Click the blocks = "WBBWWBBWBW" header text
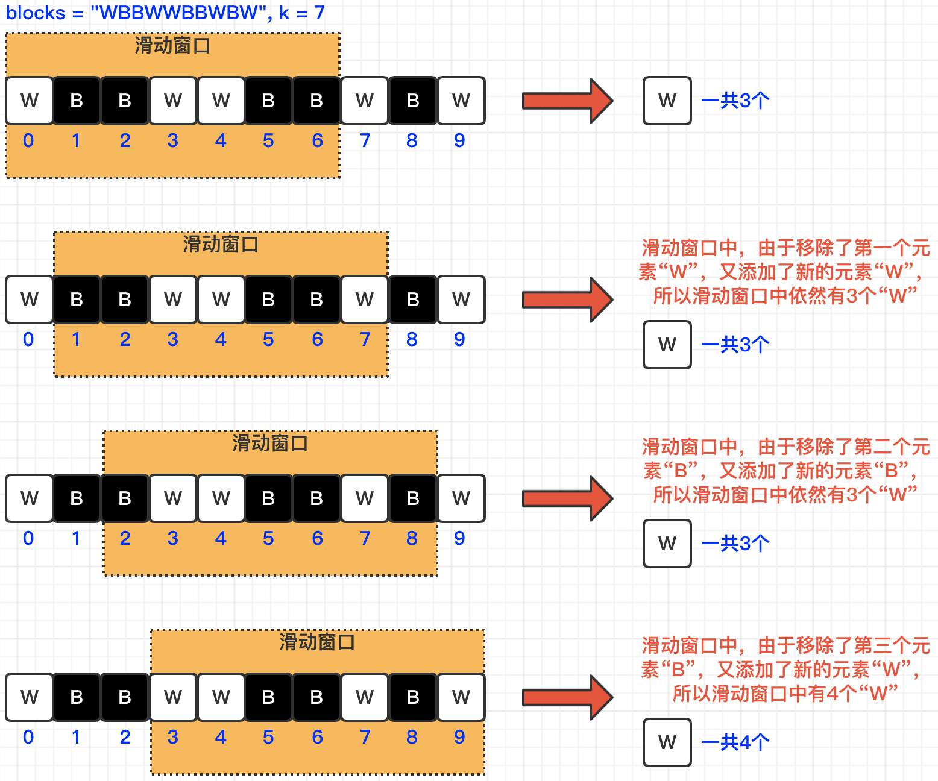tap(165, 13)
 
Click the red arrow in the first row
tap(567, 101)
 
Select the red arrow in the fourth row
tap(567, 697)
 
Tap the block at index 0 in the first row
tap(29, 101)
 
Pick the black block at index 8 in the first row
tap(413, 101)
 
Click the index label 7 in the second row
tap(365, 339)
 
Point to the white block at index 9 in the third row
tap(461, 498)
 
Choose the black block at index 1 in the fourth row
tap(77, 697)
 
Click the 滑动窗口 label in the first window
tap(172, 46)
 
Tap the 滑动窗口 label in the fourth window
tap(317, 642)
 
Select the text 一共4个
tap(735, 742)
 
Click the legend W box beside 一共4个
tap(667, 742)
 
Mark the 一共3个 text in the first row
tap(735, 101)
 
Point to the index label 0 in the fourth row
tap(28, 737)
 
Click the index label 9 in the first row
tap(459, 140)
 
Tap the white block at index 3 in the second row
tap(173, 300)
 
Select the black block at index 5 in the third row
tap(268, 498)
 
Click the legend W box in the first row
tap(667, 101)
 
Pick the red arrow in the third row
tap(567, 498)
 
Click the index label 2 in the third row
tap(125, 538)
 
